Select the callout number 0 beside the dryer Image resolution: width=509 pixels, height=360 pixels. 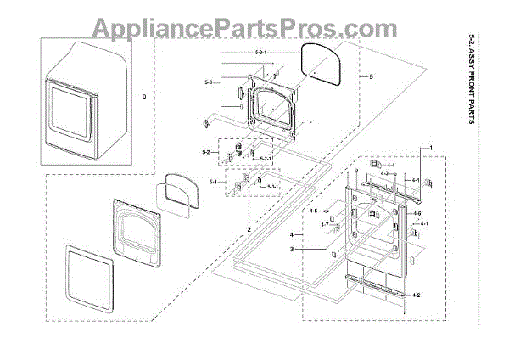[x=143, y=98]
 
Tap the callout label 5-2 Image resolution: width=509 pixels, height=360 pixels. [x=205, y=153]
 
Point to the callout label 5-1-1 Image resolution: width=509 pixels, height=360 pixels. [x=273, y=186]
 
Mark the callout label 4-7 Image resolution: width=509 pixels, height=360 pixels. [x=324, y=224]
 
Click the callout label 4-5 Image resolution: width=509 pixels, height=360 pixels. [x=313, y=211]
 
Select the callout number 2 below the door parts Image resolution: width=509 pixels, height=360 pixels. [x=249, y=230]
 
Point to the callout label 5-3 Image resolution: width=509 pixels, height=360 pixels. [x=207, y=82]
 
